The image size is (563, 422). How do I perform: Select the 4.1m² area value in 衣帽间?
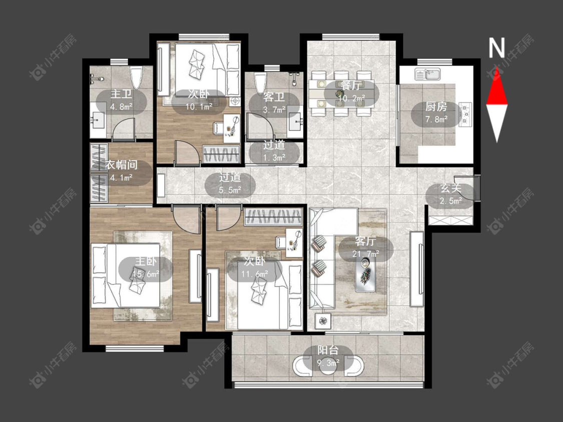(122, 177)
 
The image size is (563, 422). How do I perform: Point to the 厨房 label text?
(436, 106)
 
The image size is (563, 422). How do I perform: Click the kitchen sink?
(428, 74)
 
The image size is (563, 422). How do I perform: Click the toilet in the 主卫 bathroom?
(137, 77)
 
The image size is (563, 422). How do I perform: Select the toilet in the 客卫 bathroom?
(260, 83)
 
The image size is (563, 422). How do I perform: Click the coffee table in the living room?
(365, 274)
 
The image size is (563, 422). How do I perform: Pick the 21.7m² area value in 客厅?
(366, 253)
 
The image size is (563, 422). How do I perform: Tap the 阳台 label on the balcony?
(328, 350)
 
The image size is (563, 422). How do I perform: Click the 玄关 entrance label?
(451, 188)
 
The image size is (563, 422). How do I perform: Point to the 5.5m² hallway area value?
(230, 190)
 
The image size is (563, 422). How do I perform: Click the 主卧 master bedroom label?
(146, 261)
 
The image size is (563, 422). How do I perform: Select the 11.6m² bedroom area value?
(255, 274)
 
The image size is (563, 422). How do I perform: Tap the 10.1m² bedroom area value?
(199, 106)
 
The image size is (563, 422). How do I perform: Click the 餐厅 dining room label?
(351, 85)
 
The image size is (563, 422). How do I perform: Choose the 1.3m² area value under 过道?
(274, 157)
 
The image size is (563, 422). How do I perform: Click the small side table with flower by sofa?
(323, 320)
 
